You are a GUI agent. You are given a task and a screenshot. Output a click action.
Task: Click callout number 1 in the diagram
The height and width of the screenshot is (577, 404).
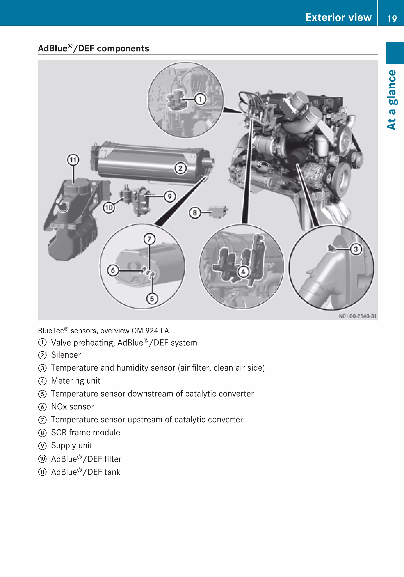click(x=200, y=99)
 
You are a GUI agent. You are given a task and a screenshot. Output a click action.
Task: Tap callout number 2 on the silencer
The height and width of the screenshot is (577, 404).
click(x=180, y=168)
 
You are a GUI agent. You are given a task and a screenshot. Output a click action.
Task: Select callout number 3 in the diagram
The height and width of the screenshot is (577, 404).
click(x=356, y=249)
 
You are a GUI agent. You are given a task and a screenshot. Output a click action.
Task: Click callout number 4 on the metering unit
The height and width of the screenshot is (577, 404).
click(x=243, y=272)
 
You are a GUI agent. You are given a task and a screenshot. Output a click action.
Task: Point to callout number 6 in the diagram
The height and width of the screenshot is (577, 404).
click(x=113, y=270)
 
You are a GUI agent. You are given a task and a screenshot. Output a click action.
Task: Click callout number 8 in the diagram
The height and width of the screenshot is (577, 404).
click(x=195, y=213)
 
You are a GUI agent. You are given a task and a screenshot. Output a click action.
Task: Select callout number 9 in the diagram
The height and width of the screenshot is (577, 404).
click(x=170, y=196)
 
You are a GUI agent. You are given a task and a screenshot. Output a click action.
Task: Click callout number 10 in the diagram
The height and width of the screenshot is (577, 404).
click(x=109, y=208)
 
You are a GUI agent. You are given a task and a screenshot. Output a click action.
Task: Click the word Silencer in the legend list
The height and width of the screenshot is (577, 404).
click(x=66, y=355)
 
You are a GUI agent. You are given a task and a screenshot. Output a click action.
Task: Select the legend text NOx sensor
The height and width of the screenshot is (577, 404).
click(x=72, y=407)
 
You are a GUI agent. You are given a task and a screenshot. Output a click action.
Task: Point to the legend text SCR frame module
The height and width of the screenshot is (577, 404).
click(x=85, y=432)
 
